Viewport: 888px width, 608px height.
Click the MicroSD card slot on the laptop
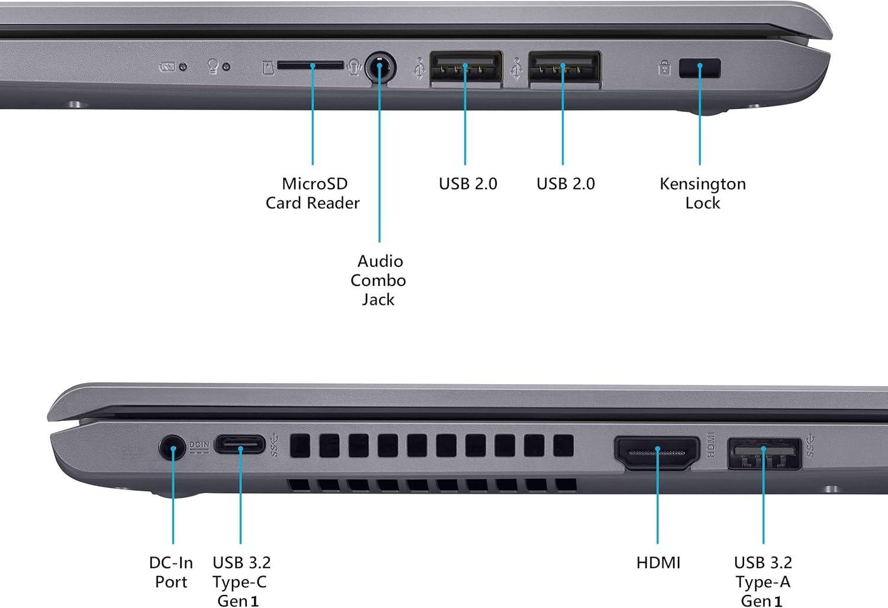tap(310, 65)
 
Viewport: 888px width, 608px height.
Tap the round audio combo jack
tap(379, 68)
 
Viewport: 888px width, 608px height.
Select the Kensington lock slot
tap(700, 68)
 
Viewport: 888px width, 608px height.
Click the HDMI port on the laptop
tap(657, 453)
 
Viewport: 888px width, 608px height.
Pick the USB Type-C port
tap(240, 444)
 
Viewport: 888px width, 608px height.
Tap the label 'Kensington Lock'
tap(703, 193)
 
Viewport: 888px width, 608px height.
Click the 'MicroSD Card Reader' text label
tap(313, 193)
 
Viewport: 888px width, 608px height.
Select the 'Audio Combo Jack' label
tap(378, 280)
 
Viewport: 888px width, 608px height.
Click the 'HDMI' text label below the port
tap(658, 562)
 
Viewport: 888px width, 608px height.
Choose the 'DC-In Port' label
tap(171, 572)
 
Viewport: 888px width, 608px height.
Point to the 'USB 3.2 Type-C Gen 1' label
tap(241, 581)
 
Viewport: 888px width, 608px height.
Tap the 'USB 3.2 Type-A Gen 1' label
tap(763, 581)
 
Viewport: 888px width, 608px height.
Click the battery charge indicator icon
tap(166, 67)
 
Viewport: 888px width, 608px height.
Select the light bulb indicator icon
tap(213, 66)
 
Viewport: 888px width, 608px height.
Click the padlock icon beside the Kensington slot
tap(664, 68)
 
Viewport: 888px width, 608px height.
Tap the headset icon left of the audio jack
tap(354, 67)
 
